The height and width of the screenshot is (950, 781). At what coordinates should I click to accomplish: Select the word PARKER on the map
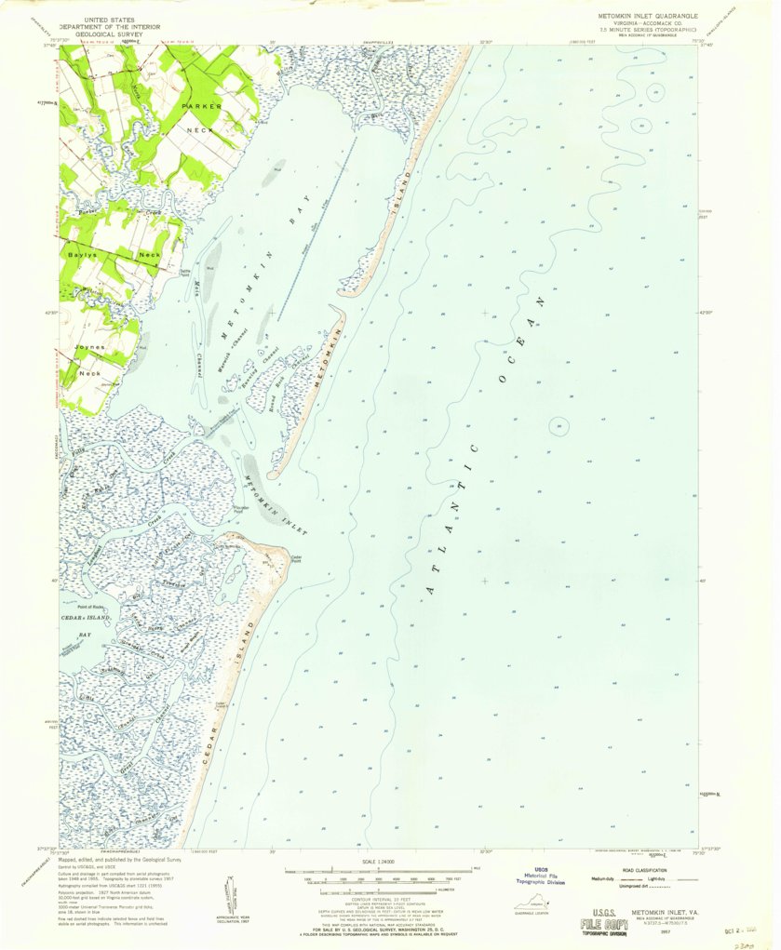201,107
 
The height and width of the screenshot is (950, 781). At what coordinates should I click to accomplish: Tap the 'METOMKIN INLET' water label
276,506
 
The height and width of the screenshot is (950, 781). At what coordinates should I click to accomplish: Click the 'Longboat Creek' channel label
93,558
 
